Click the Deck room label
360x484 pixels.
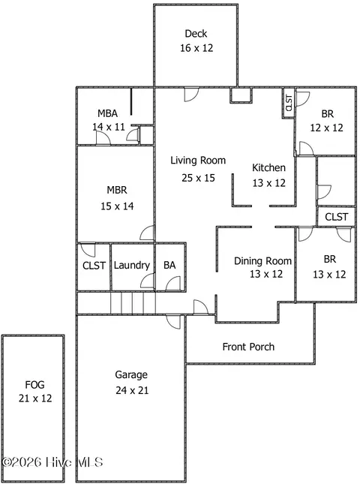[196, 34]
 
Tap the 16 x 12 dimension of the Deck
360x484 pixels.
[196, 48]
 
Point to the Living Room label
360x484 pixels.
[198, 160]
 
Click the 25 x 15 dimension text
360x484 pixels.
[198, 178]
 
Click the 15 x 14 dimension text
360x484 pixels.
[117, 206]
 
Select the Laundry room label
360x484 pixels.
[132, 266]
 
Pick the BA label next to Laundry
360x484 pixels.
[169, 266]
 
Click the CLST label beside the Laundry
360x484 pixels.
[94, 266]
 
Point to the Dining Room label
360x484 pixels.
[262, 261]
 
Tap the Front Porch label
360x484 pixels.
[248, 347]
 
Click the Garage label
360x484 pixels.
[130, 374]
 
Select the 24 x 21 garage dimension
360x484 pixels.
[130, 390]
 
